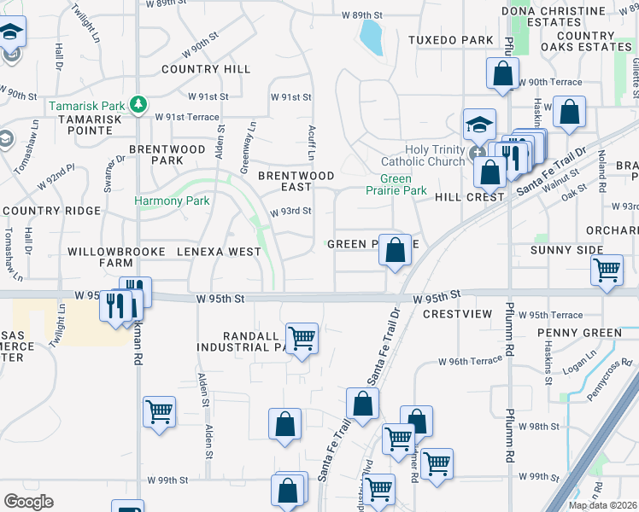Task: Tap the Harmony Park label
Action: [x=172, y=201]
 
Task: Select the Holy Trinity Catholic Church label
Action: [x=423, y=155]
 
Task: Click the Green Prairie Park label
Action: [x=402, y=185]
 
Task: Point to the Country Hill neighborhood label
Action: [x=205, y=69]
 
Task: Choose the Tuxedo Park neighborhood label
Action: [x=450, y=40]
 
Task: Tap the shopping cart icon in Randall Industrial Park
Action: [x=302, y=338]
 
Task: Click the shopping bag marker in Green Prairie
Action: [x=395, y=251]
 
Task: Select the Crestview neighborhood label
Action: [x=457, y=314]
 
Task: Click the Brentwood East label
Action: [x=296, y=182]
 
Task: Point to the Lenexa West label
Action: [x=219, y=252]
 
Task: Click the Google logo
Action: [x=28, y=501]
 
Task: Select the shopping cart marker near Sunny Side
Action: [x=607, y=270]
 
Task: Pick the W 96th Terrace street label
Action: [x=470, y=361]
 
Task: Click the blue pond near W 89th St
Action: [x=371, y=36]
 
